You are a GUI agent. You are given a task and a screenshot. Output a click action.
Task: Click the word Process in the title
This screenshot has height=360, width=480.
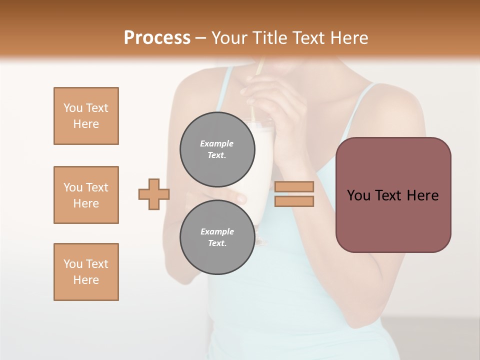coord(157,37)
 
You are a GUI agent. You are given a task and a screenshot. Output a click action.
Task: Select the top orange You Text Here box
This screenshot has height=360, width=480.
coord(86,116)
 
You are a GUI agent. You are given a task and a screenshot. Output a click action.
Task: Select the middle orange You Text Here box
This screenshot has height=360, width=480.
coord(86,195)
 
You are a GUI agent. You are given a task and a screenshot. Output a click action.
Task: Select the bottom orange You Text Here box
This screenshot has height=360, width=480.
coord(86,272)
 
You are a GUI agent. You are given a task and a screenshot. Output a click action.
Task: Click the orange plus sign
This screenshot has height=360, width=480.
coord(154,194)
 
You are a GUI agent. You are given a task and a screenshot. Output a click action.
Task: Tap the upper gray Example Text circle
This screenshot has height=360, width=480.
coord(217,149)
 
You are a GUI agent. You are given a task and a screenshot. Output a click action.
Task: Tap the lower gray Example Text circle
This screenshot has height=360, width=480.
coord(217,237)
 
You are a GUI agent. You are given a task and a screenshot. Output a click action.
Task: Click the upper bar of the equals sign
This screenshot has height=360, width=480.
coord(294,186)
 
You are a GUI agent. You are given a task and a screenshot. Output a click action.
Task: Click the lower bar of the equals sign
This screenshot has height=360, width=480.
coord(294,201)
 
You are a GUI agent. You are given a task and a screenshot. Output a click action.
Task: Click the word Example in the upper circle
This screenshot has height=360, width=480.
coord(217,143)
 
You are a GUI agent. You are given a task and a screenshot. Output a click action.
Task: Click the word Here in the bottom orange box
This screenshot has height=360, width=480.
coord(86,280)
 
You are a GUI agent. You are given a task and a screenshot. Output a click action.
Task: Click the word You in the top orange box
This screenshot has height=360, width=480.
coord(72,108)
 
